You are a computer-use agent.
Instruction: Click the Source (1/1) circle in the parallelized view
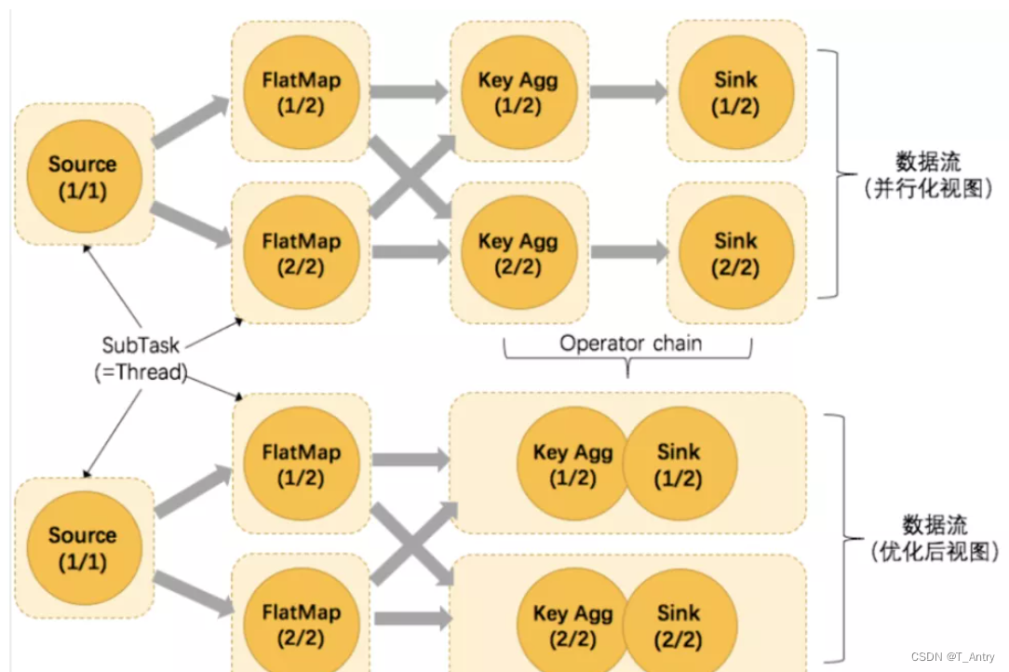click(x=83, y=176)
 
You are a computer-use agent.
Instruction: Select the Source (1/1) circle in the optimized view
click(x=83, y=548)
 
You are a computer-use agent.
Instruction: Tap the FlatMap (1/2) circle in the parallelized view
click(x=300, y=92)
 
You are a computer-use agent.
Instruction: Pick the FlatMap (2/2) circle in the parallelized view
click(x=300, y=253)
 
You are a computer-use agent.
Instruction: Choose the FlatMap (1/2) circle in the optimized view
click(x=300, y=464)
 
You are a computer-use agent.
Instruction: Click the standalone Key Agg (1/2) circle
click(x=518, y=92)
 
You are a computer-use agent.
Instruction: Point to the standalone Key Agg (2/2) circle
click(x=518, y=253)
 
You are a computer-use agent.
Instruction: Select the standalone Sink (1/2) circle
click(x=735, y=92)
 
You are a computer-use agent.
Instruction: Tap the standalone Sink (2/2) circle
click(x=735, y=253)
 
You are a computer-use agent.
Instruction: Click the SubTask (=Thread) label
click(x=141, y=358)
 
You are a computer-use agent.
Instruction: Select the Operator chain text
click(x=630, y=343)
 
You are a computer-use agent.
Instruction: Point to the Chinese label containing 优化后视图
click(x=934, y=538)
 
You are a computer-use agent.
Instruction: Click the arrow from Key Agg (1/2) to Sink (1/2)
click(x=628, y=91)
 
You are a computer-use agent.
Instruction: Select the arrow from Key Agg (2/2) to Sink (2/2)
click(x=628, y=252)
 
